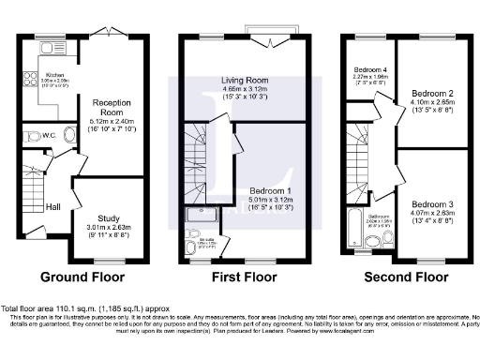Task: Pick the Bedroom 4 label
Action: tap(370, 70)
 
